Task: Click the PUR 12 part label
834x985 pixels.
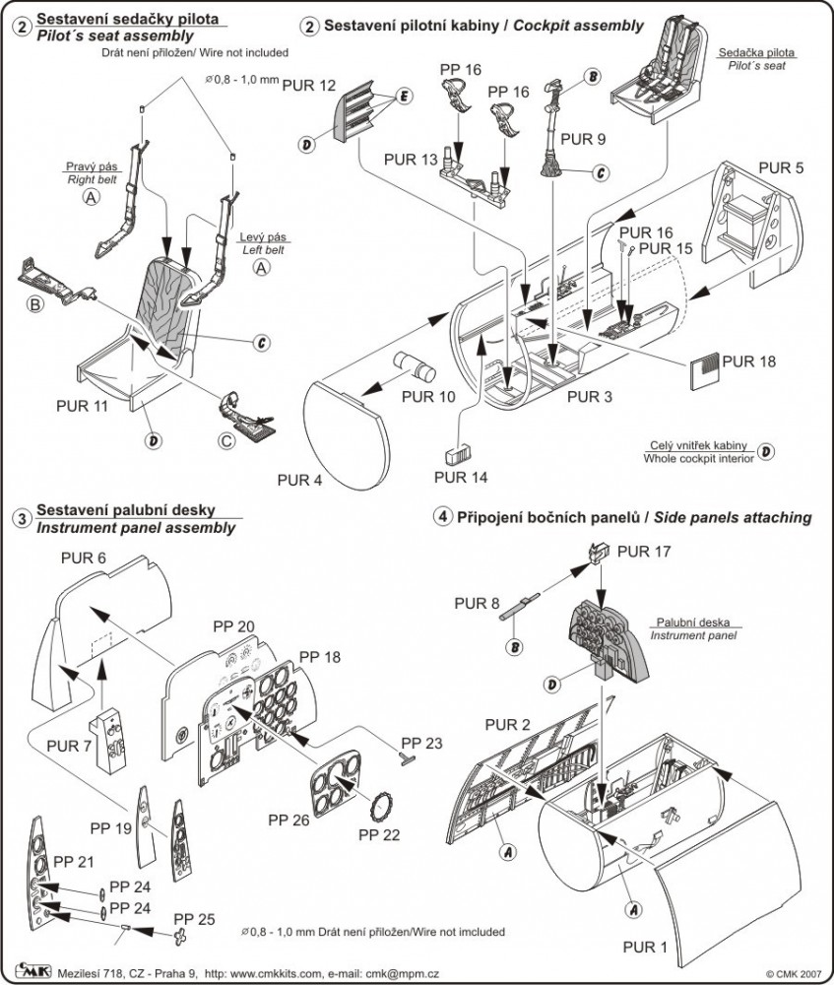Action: pos(309,86)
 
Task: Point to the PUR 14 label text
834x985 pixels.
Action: pos(461,478)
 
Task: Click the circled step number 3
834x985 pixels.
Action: pos(20,518)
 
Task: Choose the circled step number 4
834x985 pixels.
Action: pos(444,516)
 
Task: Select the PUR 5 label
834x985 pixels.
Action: pos(782,166)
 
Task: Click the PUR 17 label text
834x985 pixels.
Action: pos(643,552)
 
